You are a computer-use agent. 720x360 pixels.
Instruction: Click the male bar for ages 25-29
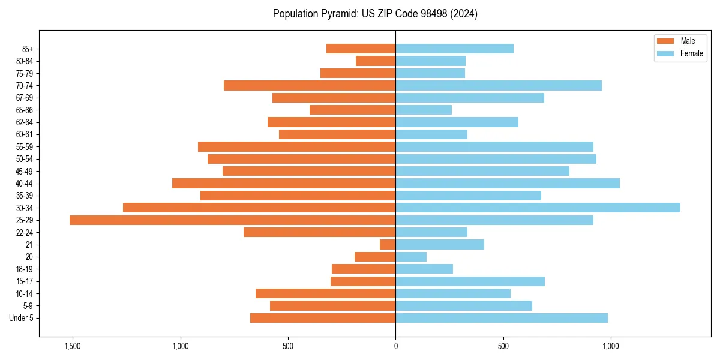coord(232,220)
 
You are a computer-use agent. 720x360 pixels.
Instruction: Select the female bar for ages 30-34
coord(538,208)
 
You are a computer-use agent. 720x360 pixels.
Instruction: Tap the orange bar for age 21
coord(388,245)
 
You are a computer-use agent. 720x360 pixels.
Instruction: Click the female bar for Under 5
coord(502,318)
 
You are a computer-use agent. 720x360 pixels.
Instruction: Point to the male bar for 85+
coord(361,49)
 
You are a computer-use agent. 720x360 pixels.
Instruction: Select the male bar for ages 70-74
coord(310,86)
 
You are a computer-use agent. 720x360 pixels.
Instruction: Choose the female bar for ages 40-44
coord(508,184)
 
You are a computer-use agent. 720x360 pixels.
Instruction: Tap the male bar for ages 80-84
coord(376,61)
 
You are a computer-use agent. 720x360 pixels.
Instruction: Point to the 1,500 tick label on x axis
coord(73,346)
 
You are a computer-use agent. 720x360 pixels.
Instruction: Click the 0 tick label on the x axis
coord(395,346)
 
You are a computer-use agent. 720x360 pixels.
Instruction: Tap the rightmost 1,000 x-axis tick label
coord(611,346)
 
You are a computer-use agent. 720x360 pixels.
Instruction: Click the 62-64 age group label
coord(25,122)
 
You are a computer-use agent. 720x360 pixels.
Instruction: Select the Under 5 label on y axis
coord(21,318)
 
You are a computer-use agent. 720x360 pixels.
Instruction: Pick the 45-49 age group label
coord(25,172)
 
